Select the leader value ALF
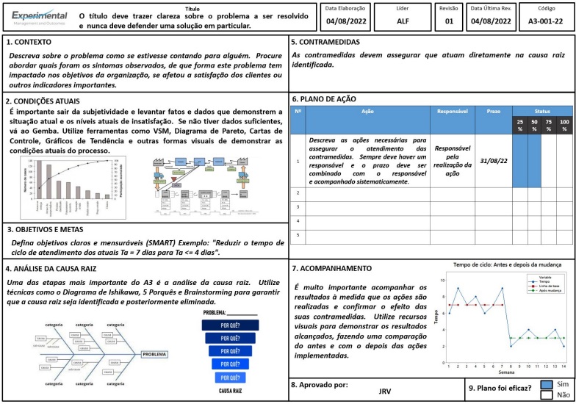click(403, 21)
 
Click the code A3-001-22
click(546, 21)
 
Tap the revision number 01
click(449, 21)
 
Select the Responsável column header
click(453, 111)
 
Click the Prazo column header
click(493, 111)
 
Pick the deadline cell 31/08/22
click(493, 159)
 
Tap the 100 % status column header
click(564, 125)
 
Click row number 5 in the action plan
click(298, 235)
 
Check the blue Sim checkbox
click(546, 384)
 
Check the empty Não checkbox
click(546, 394)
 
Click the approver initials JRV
click(384, 391)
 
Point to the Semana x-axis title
click(507, 372)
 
